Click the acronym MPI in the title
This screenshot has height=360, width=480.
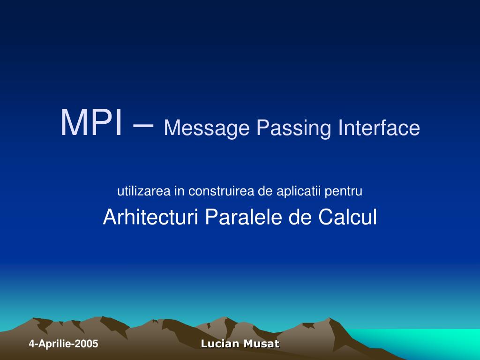(x=91, y=122)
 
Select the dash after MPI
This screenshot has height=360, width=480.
(x=143, y=125)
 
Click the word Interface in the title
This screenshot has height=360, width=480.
(x=379, y=127)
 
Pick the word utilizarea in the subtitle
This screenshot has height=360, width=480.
(x=144, y=191)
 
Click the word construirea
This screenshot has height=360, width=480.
(x=221, y=191)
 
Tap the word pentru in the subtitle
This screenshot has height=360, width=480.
(x=344, y=192)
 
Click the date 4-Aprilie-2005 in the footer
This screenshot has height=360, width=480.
(x=63, y=344)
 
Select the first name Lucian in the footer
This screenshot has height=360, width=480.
(x=220, y=344)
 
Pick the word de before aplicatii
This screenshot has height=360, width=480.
(x=265, y=191)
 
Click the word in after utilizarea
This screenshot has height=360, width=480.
(x=179, y=191)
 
